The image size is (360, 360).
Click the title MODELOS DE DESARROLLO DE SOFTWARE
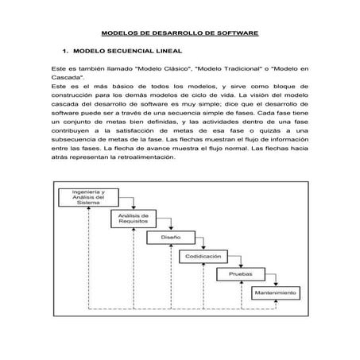(180, 34)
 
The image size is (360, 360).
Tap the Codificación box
(204, 257)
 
